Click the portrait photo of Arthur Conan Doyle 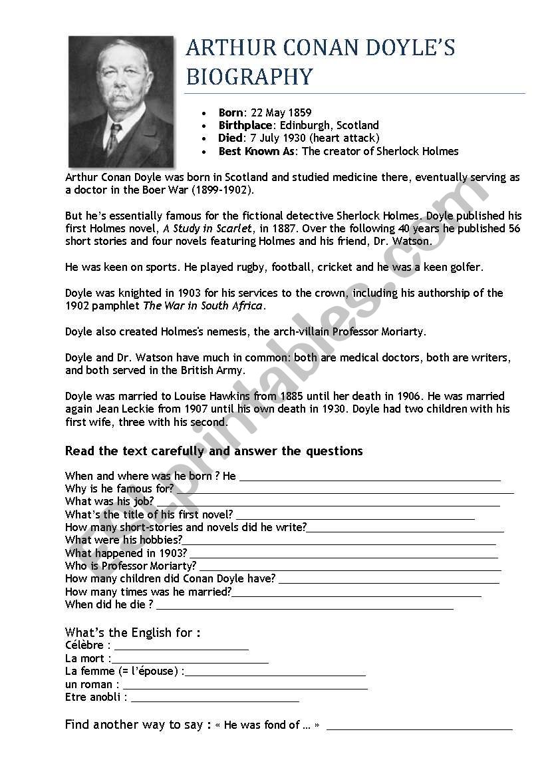[121, 100]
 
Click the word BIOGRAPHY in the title [249, 77]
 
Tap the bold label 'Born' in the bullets [231, 112]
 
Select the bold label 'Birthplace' [245, 125]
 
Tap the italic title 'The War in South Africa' [203, 305]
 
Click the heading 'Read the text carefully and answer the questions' [213, 451]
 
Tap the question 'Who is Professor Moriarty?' [131, 566]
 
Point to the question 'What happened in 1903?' [126, 553]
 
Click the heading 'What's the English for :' [132, 632]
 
